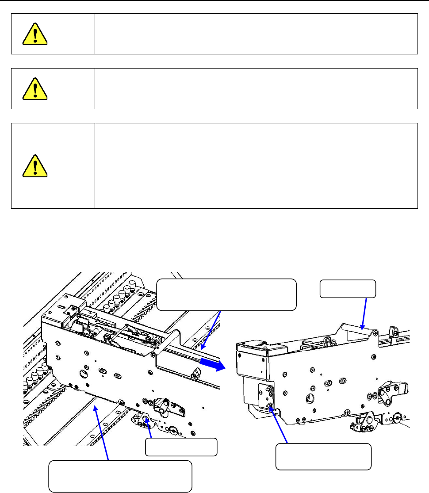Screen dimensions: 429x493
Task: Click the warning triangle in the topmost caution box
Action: coord(35,34)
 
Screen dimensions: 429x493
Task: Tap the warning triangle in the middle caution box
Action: coord(35,88)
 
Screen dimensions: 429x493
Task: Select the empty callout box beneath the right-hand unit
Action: coord(323,456)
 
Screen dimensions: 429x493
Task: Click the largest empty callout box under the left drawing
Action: coord(120,476)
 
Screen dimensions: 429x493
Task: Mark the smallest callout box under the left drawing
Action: coord(181,447)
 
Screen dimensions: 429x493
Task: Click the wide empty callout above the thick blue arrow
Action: coord(227,294)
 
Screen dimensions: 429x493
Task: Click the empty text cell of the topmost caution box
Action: coord(256,34)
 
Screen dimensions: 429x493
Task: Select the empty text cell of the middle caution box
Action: coord(256,88)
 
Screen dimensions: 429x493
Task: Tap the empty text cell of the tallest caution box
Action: coord(256,166)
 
